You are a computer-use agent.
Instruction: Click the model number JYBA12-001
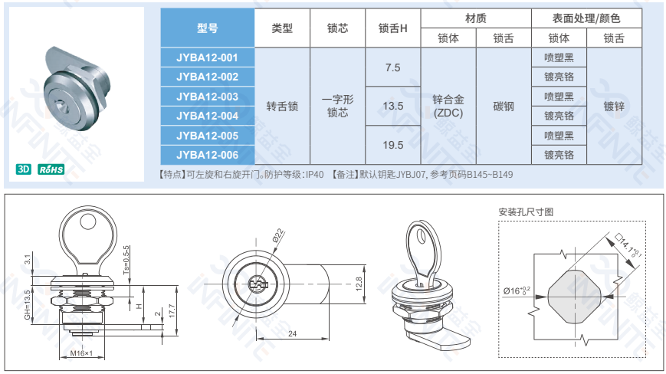click(x=207, y=57)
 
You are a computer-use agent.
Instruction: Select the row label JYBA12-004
click(x=207, y=116)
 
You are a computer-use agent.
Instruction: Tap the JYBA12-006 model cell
click(x=207, y=155)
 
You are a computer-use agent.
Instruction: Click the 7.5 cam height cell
click(x=393, y=67)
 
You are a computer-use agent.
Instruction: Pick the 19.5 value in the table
click(x=393, y=145)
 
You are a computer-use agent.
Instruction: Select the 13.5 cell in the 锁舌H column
click(x=393, y=106)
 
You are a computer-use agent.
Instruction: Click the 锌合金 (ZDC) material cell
click(x=448, y=106)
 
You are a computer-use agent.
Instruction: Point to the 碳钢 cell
click(x=504, y=106)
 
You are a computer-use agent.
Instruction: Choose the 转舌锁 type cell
click(x=282, y=106)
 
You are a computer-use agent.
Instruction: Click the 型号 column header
click(x=207, y=28)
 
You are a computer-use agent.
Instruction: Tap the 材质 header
click(x=476, y=18)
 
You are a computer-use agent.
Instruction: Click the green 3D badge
click(x=23, y=169)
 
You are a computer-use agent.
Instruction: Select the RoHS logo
click(x=51, y=169)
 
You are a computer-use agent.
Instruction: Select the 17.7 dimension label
click(x=172, y=310)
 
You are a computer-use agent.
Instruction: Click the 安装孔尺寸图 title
click(x=526, y=212)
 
